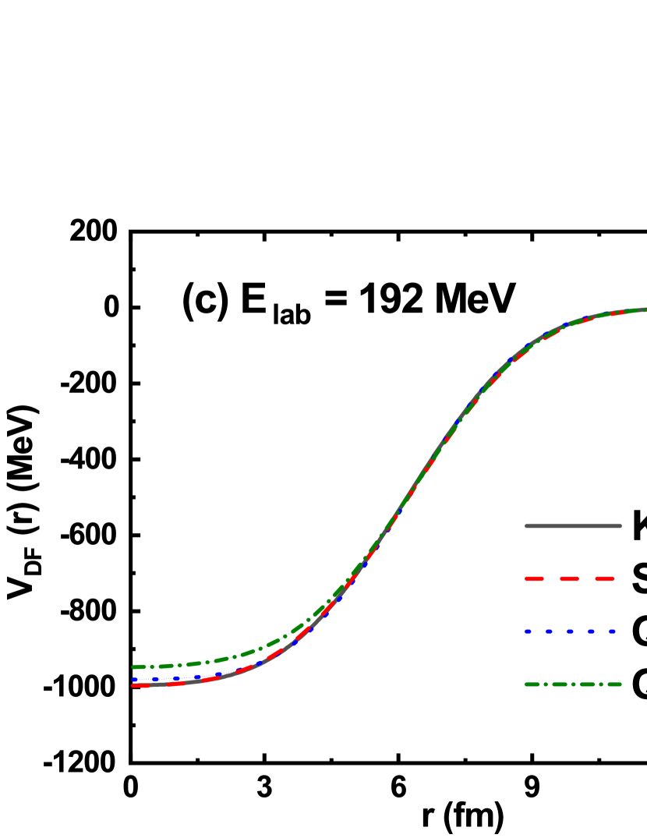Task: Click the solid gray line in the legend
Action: (573, 525)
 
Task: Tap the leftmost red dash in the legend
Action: (534, 578)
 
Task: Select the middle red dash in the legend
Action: (570, 578)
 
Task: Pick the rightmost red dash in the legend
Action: (605, 578)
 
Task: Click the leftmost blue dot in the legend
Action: (528, 631)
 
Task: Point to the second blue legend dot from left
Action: (549, 631)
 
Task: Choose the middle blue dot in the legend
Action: (570, 631)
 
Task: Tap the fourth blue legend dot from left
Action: (591, 631)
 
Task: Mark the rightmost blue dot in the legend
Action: (612, 631)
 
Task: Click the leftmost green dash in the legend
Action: (532, 684)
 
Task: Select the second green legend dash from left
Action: (560, 684)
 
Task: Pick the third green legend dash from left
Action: (587, 684)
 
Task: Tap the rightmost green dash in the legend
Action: (613, 684)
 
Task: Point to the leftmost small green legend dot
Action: (546, 684)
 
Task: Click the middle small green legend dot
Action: (574, 684)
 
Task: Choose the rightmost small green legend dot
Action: (600, 684)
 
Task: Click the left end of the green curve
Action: (134, 667)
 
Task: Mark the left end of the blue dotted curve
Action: (134, 679)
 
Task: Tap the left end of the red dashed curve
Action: (134, 685)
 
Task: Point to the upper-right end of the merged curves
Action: (645, 309)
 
